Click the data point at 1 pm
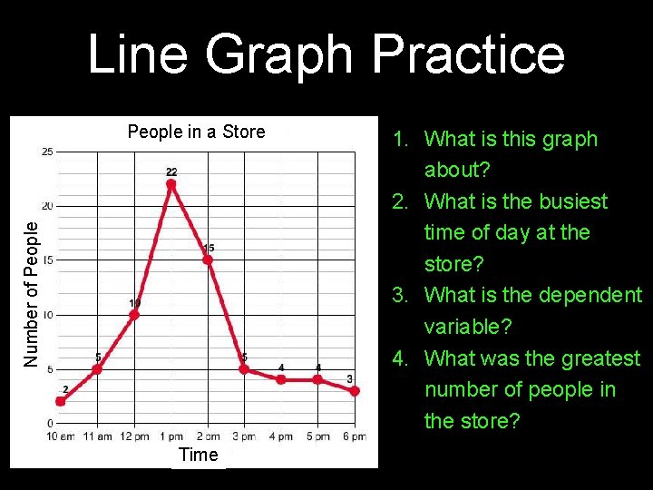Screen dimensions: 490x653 click(x=171, y=184)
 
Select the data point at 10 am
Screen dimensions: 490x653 click(x=61, y=401)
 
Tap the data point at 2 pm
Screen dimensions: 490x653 click(x=208, y=260)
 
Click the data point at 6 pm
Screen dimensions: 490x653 click(x=355, y=391)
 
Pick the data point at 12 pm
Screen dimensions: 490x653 click(x=134, y=315)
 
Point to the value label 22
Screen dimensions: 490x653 click(x=171, y=171)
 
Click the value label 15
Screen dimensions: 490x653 click(x=209, y=248)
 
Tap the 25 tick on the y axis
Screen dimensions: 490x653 click(x=46, y=152)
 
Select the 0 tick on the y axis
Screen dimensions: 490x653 click(x=49, y=424)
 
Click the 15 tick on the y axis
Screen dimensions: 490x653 click(x=46, y=260)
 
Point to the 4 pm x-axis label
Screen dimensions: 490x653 click(x=281, y=436)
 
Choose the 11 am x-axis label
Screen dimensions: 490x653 click(x=97, y=436)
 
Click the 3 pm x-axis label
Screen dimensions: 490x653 click(x=244, y=436)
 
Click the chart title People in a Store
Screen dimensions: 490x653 click(x=196, y=132)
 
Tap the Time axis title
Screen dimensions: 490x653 click(x=198, y=455)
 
